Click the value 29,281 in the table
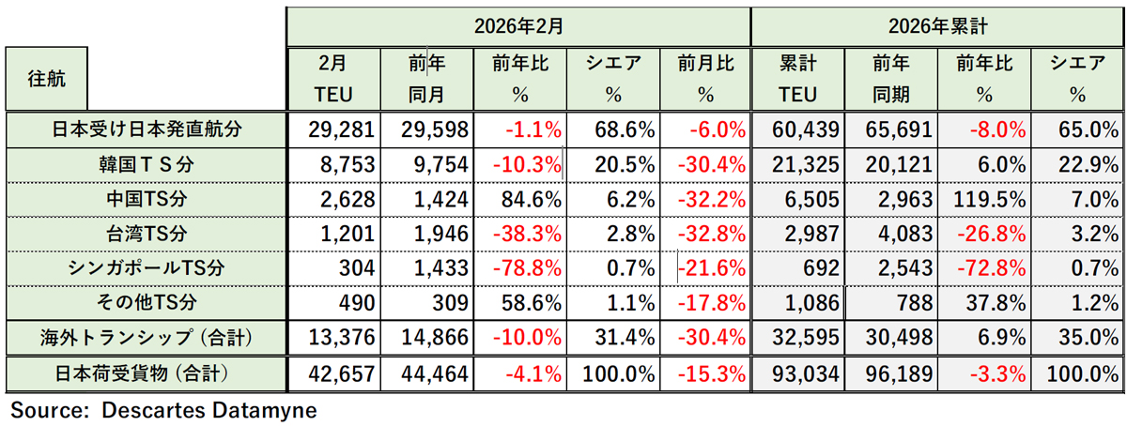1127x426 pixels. click(340, 129)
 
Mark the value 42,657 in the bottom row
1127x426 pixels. click(340, 373)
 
